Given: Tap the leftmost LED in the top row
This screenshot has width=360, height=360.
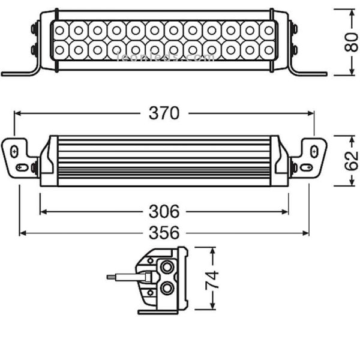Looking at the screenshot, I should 59,30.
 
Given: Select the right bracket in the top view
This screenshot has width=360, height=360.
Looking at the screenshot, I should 311,157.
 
